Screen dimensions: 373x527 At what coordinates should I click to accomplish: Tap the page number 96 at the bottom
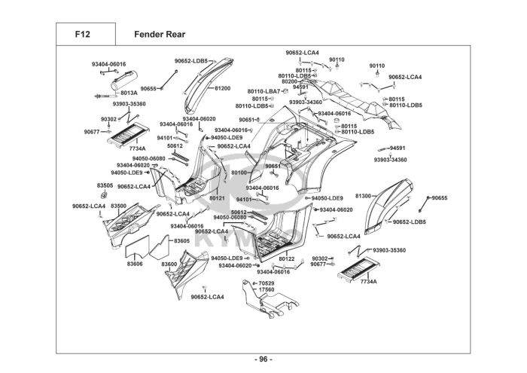pos(263,358)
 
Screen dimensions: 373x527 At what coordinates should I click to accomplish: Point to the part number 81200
pos(223,88)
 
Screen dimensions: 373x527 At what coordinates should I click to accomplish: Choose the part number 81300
pos(364,195)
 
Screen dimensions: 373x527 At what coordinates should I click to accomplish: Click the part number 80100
pos(239,173)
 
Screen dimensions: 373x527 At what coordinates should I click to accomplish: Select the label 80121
pos(218,197)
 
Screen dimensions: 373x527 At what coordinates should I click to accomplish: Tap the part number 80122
pos(287,258)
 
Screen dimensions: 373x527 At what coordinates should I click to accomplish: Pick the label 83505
pos(105,185)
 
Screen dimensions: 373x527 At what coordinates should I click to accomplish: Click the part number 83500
pos(118,206)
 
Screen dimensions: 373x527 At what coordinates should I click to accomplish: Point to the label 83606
pos(135,264)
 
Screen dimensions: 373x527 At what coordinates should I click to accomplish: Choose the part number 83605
pos(182,240)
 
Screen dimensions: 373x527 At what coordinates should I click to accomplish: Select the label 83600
pos(169,264)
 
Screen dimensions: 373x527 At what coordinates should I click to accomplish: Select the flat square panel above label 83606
pos(136,245)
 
